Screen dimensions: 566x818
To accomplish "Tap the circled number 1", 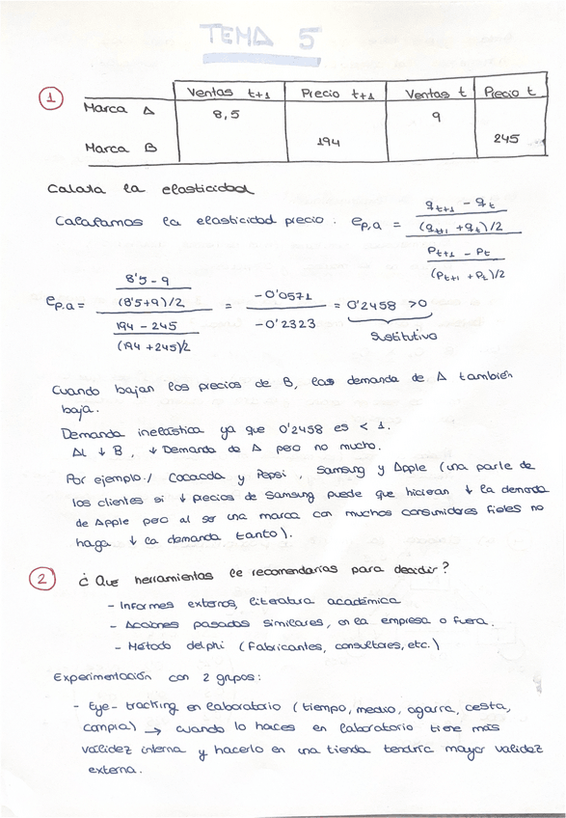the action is click(50, 98).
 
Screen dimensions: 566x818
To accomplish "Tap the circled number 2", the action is click(42, 579).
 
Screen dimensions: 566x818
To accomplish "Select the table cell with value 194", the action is click(329, 142).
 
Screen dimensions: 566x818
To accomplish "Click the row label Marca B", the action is click(120, 150).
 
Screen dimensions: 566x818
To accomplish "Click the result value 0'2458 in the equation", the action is click(370, 305).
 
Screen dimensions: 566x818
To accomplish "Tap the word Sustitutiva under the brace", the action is click(404, 336).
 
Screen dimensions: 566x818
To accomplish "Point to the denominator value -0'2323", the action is click(284, 324).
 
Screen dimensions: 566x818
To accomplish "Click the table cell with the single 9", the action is click(435, 117).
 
